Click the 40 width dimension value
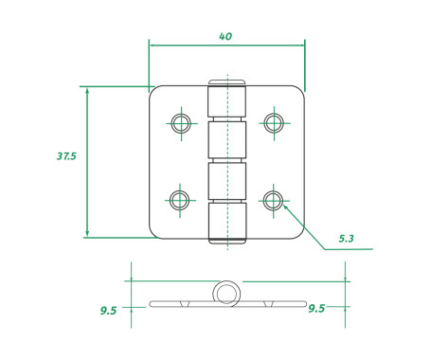225,36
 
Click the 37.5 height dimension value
66,156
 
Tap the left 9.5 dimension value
108,310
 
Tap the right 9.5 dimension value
316,309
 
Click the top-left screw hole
179,121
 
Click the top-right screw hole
274,121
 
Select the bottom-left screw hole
179,199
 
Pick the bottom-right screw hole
274,199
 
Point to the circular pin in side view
226,294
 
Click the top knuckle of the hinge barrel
227,100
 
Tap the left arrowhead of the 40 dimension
153,44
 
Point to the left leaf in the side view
180,304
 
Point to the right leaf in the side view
275,304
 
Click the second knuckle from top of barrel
227,140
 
